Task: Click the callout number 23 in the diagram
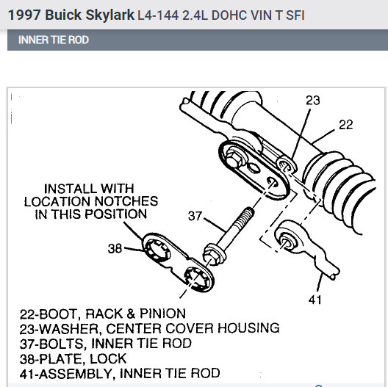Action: [314, 101]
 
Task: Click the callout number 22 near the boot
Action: [345, 125]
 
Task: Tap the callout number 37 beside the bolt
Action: [195, 215]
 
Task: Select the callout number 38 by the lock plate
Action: [115, 248]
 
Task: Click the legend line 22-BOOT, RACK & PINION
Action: [102, 314]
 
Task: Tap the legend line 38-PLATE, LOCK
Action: [73, 358]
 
